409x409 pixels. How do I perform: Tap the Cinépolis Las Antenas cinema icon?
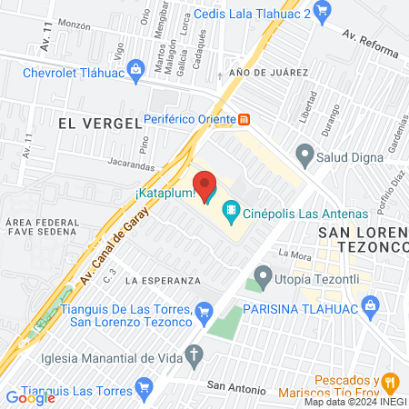[x=231, y=214]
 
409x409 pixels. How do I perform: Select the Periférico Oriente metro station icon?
[x=244, y=119]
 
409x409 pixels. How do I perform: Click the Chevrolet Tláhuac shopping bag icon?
[x=136, y=68]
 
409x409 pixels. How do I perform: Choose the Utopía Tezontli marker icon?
[x=264, y=274]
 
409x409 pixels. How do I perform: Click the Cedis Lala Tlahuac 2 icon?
[x=328, y=12]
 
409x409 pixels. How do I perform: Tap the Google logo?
[x=29, y=397]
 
